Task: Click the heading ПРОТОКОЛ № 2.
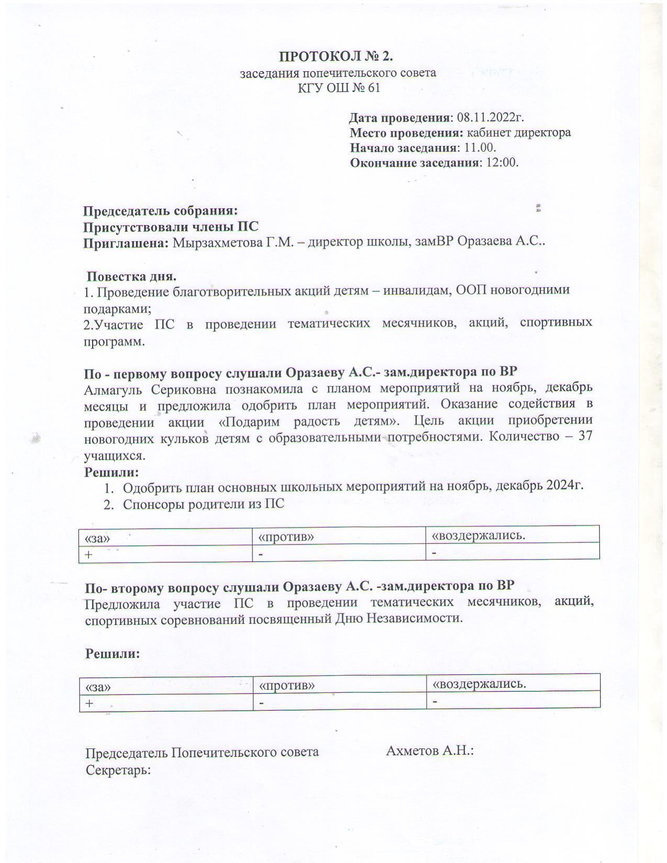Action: point(336,56)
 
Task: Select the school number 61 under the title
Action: point(373,87)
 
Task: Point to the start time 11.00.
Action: point(480,148)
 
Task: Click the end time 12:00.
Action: point(502,162)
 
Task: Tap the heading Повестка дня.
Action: point(131,276)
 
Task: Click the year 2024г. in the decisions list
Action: point(564,485)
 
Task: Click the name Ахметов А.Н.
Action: point(429,750)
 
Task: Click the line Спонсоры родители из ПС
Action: point(204,504)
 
